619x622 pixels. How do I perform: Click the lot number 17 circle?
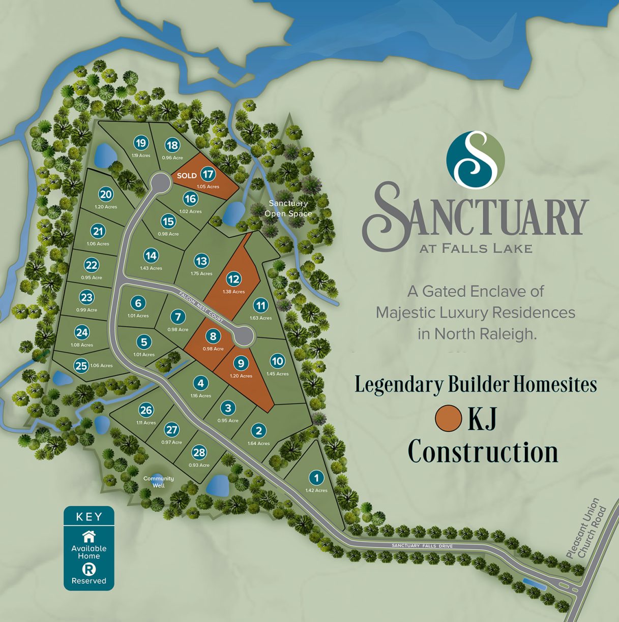208,174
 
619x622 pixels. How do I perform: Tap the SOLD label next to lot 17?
187,176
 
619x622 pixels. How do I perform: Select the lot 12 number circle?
233,279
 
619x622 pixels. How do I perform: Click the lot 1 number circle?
316,478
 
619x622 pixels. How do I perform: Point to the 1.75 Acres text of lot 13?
201,273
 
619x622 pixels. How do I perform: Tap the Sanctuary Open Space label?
288,208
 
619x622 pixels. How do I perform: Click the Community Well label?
159,482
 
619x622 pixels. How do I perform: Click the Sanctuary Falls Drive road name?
422,546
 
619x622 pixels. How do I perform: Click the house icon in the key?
89,536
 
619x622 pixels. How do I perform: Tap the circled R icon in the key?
89,570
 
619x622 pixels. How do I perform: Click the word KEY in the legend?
89,517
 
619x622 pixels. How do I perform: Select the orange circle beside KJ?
448,418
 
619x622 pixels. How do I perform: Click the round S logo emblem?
476,159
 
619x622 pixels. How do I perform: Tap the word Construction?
483,452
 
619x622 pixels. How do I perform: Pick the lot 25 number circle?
81,366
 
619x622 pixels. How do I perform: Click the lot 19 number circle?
141,143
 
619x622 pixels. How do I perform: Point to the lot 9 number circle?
241,363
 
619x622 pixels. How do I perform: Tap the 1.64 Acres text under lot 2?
258,443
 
